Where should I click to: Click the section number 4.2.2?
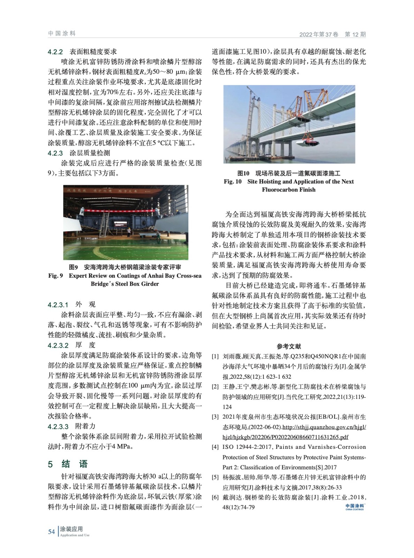tap(55, 52)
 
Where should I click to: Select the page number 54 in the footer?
tap(51, 531)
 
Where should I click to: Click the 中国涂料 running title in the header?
tap(62, 33)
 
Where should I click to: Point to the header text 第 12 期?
tap(355, 34)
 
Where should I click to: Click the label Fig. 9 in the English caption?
tap(55, 276)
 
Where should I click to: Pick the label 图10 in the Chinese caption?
tap(243, 173)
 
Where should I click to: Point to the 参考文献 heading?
tap(289, 346)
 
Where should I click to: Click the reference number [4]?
tap(215, 447)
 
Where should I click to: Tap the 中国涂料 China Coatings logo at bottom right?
tap(354, 507)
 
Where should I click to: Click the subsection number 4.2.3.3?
tap(58, 426)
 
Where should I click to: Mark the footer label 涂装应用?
tap(71, 529)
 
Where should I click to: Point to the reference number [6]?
tap(215, 497)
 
